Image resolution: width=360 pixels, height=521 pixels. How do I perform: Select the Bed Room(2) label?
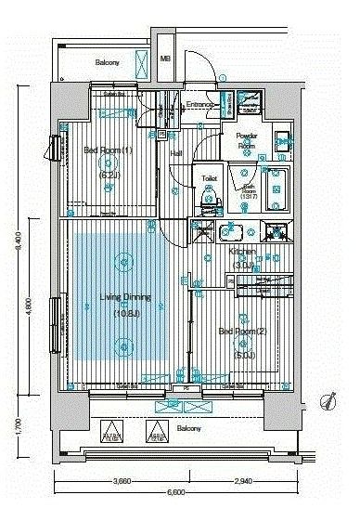(237, 332)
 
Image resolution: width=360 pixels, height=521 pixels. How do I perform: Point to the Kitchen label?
(242, 252)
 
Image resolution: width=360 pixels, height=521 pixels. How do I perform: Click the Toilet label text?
(209, 179)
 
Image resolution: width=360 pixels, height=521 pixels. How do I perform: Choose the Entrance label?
(202, 104)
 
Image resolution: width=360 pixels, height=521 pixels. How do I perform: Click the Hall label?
(175, 153)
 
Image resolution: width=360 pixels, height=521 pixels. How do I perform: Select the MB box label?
(165, 59)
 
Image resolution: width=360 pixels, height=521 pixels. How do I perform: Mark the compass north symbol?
(328, 400)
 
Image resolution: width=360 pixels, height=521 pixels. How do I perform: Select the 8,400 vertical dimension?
(18, 244)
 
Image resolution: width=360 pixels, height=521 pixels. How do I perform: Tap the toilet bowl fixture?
(208, 198)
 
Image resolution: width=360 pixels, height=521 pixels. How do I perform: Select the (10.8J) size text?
(124, 313)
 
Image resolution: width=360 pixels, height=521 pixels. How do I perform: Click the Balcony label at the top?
(108, 63)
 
